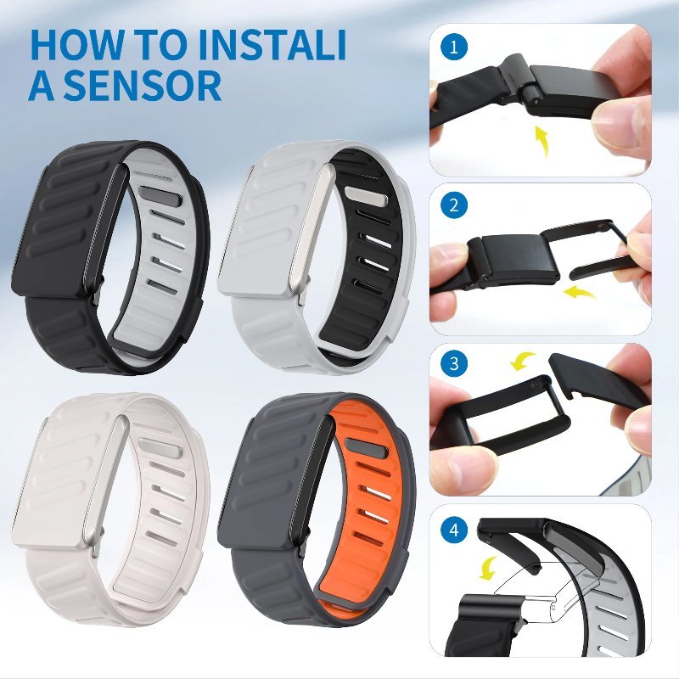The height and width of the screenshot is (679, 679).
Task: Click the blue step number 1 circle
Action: pos(455,47)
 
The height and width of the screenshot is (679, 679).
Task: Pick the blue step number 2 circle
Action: pos(455,205)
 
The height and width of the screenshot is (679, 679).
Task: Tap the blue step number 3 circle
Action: pos(455,364)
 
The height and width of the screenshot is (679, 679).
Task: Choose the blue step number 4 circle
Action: pos(455,530)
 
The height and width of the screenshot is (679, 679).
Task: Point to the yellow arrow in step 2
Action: pos(580,294)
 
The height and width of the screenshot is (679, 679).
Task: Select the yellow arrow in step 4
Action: pos(490,567)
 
